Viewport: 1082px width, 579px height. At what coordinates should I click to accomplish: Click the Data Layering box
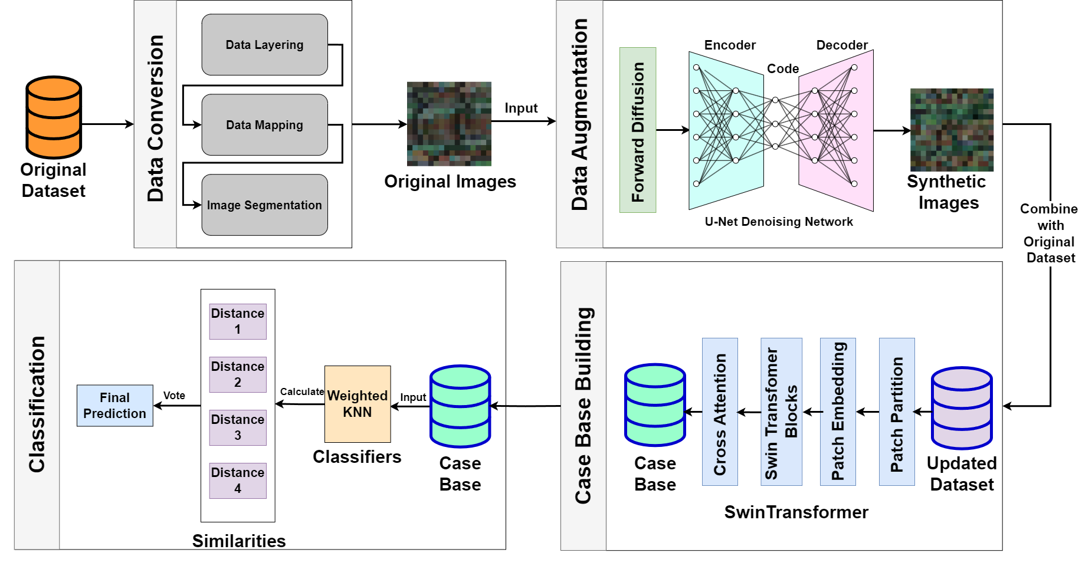click(x=264, y=45)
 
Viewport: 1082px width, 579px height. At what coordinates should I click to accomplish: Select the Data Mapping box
click(x=264, y=125)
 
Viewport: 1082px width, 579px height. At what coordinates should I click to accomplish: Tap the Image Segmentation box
click(x=264, y=205)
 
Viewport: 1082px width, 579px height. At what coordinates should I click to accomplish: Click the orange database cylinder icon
click(x=54, y=118)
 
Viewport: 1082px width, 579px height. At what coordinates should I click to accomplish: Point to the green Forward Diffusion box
click(x=638, y=130)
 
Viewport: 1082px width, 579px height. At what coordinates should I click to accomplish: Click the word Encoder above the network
click(x=730, y=45)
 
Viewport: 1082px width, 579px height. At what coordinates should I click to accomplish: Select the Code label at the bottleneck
click(x=783, y=69)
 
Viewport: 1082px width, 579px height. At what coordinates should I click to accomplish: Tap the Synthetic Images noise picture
click(x=952, y=130)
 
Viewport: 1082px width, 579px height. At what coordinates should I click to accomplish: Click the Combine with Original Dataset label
click(x=1050, y=233)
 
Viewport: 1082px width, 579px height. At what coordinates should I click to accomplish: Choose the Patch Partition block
click(x=897, y=412)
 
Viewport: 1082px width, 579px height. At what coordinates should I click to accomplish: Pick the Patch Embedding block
click(x=838, y=412)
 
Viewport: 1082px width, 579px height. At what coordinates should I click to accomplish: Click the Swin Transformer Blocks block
click(x=781, y=412)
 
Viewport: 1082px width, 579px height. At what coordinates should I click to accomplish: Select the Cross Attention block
click(x=720, y=412)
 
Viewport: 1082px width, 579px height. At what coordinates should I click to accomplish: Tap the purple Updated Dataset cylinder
click(x=962, y=408)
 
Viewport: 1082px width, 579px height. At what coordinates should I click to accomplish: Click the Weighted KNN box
click(x=358, y=404)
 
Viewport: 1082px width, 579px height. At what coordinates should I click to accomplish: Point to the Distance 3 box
click(x=238, y=427)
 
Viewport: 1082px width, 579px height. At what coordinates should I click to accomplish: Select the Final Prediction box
click(x=114, y=406)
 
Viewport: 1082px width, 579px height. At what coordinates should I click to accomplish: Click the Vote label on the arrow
click(x=174, y=396)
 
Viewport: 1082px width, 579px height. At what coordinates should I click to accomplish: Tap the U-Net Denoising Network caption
click(x=779, y=222)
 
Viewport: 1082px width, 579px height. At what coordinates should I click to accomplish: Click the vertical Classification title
click(x=37, y=404)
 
